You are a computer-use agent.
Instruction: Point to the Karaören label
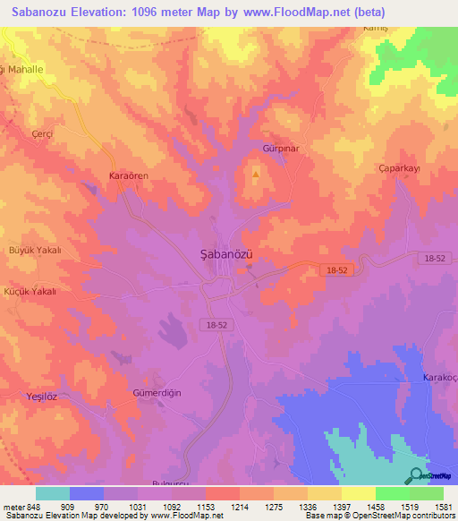click(128, 176)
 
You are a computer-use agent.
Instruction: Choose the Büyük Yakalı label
click(35, 251)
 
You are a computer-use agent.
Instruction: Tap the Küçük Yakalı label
click(32, 292)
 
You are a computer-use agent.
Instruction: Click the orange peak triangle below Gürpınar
click(256, 174)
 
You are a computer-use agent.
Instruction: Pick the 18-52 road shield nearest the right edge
click(435, 258)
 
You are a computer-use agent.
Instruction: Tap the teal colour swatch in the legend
click(52, 493)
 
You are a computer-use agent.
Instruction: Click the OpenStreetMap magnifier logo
click(417, 475)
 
